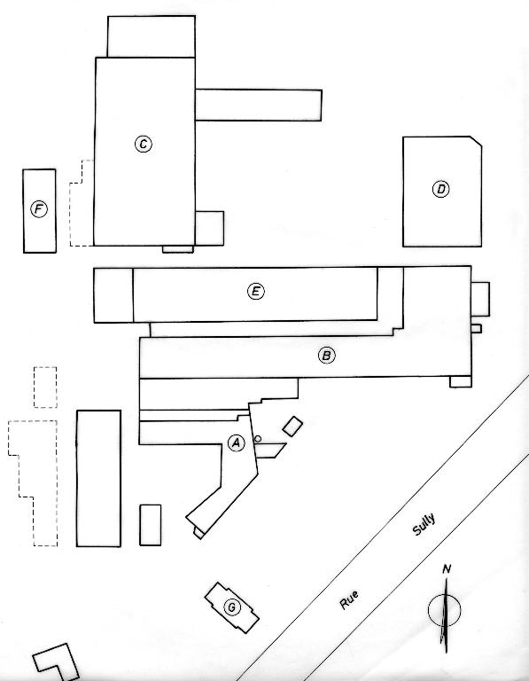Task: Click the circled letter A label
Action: tap(236, 442)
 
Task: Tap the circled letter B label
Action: tap(326, 356)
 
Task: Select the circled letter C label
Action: tap(144, 145)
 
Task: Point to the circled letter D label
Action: tap(441, 190)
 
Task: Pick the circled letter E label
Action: tap(255, 291)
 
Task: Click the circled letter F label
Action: tap(39, 210)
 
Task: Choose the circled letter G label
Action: tap(232, 607)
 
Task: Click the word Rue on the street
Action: tap(349, 599)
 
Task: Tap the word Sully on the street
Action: tap(424, 525)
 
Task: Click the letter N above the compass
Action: tap(446, 569)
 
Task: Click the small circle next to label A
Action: tap(257, 439)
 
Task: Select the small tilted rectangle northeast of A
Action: tap(292, 426)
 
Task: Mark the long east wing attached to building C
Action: tap(259, 106)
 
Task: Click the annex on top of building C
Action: tap(151, 36)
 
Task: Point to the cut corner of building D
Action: tap(476, 142)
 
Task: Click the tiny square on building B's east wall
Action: tap(476, 328)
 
